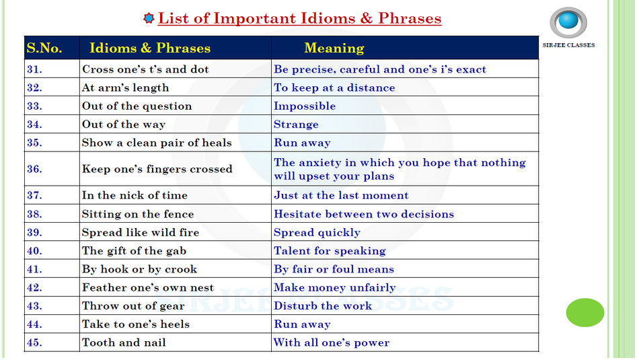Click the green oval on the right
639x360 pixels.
(585, 312)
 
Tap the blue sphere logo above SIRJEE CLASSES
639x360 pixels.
(568, 23)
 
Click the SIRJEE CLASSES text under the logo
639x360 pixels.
(568, 45)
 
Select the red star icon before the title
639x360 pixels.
(149, 18)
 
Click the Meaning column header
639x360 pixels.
(334, 48)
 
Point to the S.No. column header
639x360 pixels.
(44, 48)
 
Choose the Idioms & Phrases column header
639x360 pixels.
(150, 48)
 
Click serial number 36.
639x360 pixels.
(34, 169)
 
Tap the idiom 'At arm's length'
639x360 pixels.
(125, 87)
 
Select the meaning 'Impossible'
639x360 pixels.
(305, 106)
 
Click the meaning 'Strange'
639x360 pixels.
(296, 124)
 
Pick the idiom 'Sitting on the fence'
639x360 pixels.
(138, 214)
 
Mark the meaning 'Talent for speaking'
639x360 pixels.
(330, 251)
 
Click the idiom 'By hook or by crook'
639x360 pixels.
(139, 269)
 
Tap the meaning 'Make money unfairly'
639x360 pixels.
(334, 287)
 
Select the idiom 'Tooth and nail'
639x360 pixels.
(124, 343)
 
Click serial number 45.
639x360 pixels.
(34, 343)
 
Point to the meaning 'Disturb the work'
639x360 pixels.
(323, 305)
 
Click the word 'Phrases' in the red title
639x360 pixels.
(410, 18)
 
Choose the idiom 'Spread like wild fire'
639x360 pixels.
(141, 232)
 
